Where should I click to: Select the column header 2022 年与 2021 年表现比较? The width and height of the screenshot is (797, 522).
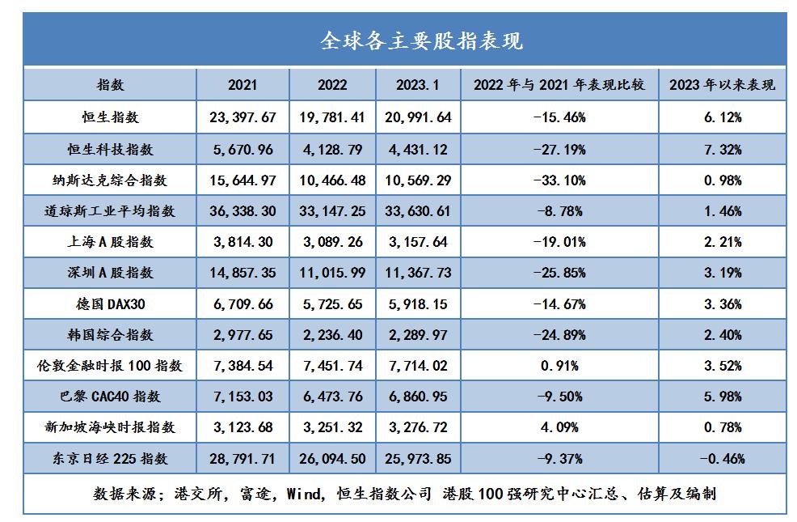pyautogui.click(x=559, y=85)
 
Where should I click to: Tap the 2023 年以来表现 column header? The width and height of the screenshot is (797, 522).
pyautogui.click(x=723, y=85)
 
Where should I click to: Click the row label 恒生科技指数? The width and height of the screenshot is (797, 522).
pyautogui.click(x=110, y=149)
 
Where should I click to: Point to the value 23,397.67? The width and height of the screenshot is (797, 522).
pyautogui.click(x=242, y=117)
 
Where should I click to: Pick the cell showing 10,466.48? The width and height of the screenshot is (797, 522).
pyautogui.click(x=331, y=180)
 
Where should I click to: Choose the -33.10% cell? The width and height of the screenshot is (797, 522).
pyautogui.click(x=559, y=180)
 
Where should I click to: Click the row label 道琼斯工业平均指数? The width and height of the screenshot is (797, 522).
pyautogui.click(x=110, y=210)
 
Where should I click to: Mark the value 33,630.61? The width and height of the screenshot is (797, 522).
pyautogui.click(x=418, y=210)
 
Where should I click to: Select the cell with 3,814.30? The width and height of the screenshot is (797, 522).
pyautogui.click(x=242, y=241)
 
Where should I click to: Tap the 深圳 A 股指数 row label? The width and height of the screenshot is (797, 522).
pyautogui.click(x=110, y=273)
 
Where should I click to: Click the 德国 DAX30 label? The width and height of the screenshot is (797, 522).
pyautogui.click(x=110, y=303)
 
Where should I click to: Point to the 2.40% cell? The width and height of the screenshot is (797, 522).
pyautogui.click(x=723, y=334)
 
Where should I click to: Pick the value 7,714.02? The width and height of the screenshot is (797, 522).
pyautogui.click(x=418, y=366)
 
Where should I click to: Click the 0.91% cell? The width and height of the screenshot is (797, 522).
pyautogui.click(x=559, y=366)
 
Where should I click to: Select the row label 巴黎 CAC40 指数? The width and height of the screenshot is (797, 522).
pyautogui.click(x=110, y=397)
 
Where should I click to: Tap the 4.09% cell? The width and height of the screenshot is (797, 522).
pyautogui.click(x=559, y=427)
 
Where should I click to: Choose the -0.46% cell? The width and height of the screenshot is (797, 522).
pyautogui.click(x=723, y=459)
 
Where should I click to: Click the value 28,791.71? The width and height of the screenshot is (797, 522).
pyautogui.click(x=242, y=459)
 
